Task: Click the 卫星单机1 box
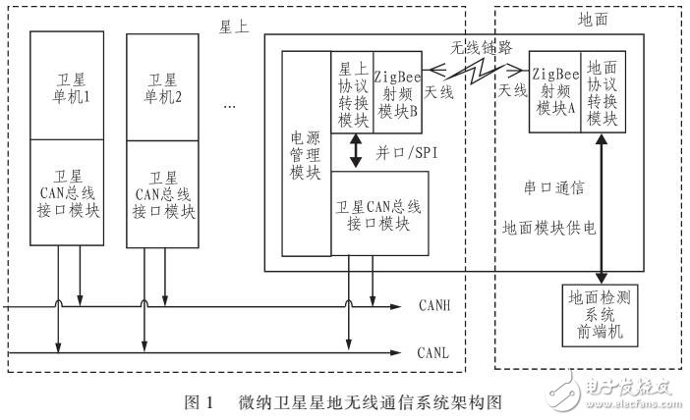pyautogui.click(x=66, y=85)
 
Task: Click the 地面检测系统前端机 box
pyautogui.click(x=597, y=313)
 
